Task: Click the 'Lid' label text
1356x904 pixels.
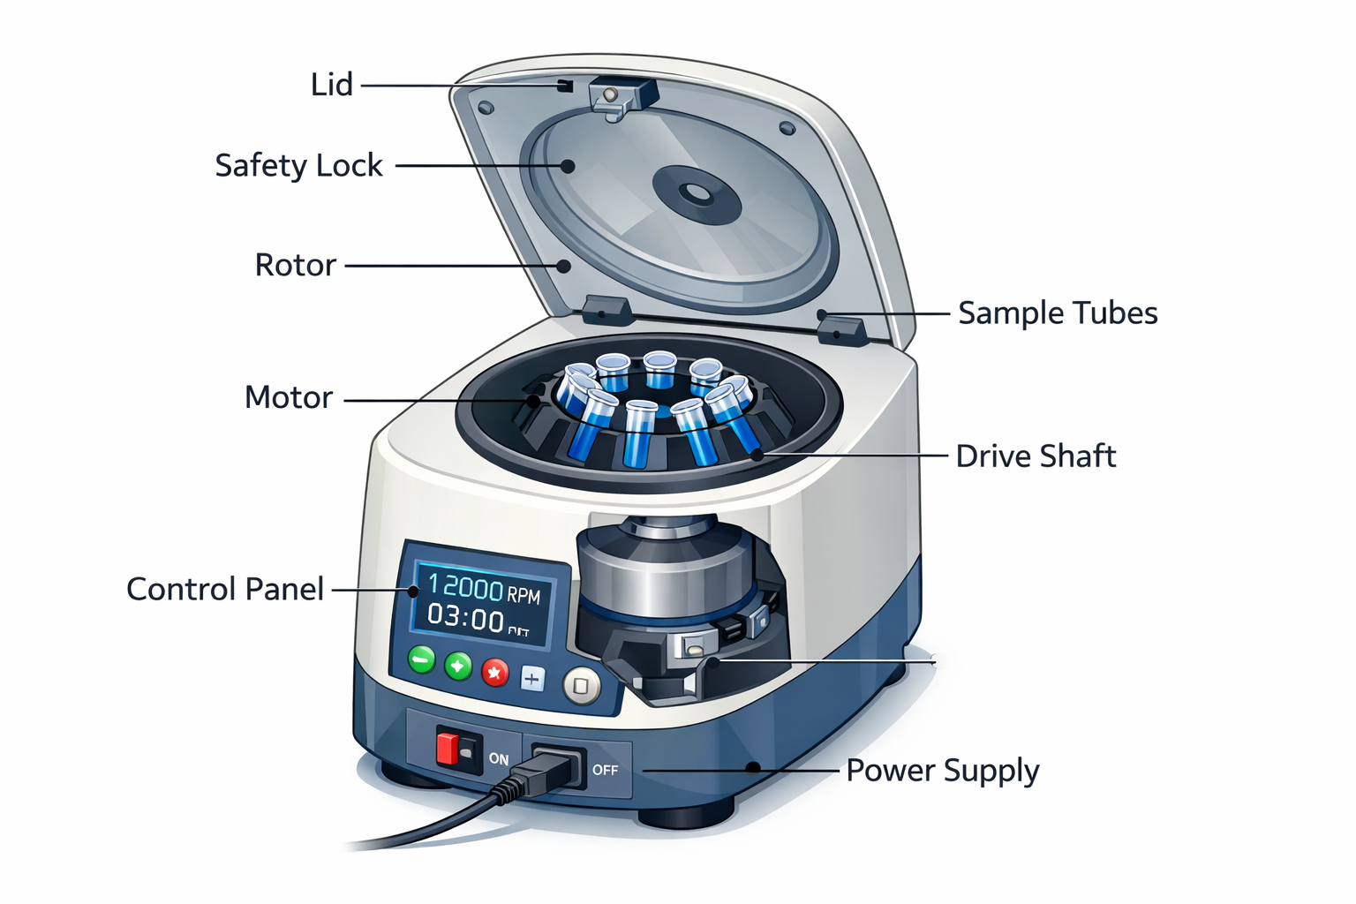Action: pos(331,85)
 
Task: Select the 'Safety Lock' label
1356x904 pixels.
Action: pos(298,165)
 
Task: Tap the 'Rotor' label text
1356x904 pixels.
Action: pos(295,265)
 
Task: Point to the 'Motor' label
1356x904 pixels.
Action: pos(288,397)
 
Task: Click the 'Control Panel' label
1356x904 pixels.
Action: pos(225,589)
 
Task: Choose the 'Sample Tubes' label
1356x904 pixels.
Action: pos(1058,313)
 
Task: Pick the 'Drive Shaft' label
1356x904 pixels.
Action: pos(1036,456)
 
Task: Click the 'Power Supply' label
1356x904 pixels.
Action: pos(942,770)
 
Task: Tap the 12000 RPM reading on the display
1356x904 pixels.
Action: pos(483,589)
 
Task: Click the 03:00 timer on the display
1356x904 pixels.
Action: pos(466,617)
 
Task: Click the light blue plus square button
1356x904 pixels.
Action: pos(531,679)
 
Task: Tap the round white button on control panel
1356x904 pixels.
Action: pos(581,685)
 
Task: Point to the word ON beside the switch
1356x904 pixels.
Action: pos(499,758)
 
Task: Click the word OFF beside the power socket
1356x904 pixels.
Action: pos(605,770)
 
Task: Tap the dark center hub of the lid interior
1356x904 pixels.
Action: pos(696,192)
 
